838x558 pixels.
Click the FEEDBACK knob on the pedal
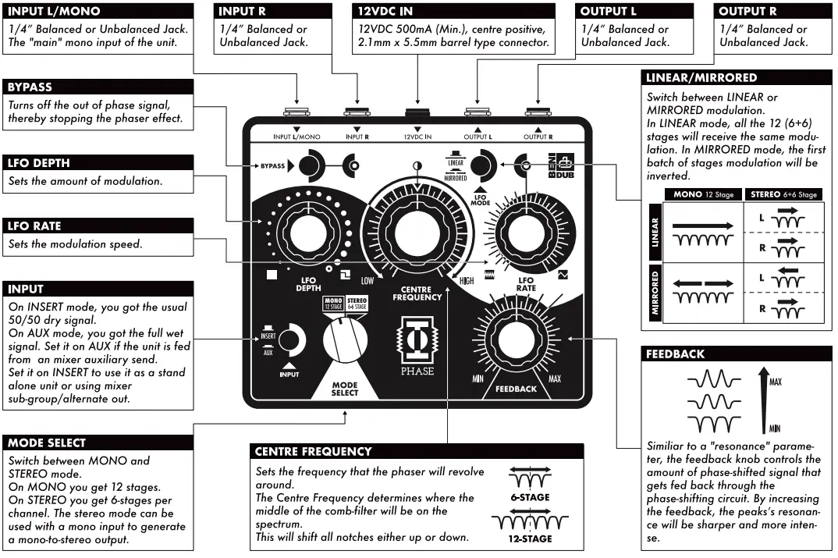pyautogui.click(x=515, y=341)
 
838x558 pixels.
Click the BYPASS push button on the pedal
pyautogui.click(x=311, y=165)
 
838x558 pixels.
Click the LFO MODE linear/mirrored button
pyautogui.click(x=482, y=165)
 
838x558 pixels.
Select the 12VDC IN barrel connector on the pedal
pyautogui.click(x=417, y=113)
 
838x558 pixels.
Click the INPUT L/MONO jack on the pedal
pyautogui.click(x=296, y=113)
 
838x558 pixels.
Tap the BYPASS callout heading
pyautogui.click(x=30, y=87)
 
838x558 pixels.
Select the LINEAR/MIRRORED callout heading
pyautogui.click(x=701, y=78)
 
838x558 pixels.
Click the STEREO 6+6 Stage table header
pyautogui.click(x=783, y=194)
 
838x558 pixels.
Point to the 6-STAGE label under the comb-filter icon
pyautogui.click(x=530, y=497)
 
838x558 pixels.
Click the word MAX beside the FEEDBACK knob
pyautogui.click(x=555, y=379)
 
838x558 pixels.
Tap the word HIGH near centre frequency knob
pyautogui.click(x=467, y=281)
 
